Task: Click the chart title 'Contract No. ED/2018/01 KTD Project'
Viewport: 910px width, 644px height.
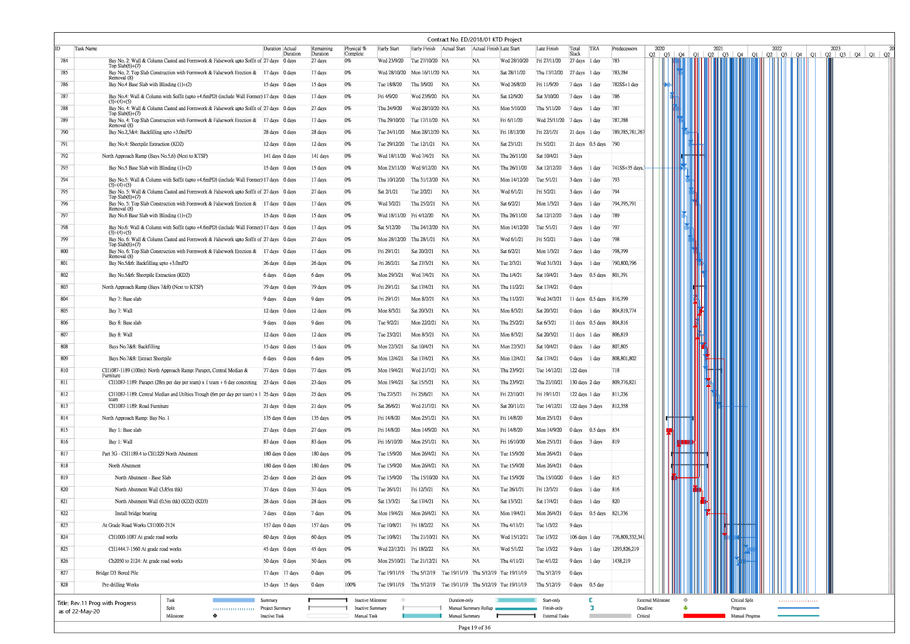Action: click(474, 39)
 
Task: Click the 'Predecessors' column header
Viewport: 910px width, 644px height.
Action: click(624, 49)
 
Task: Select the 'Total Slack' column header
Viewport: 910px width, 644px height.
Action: click(575, 51)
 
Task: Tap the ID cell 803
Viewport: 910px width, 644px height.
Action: click(64, 287)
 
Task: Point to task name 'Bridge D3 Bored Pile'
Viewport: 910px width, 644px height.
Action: click(117, 573)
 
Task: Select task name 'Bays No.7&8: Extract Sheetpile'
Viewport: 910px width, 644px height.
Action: click(140, 359)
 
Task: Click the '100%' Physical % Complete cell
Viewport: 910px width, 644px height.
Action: click(350, 585)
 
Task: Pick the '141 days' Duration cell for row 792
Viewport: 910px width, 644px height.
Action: click(272, 156)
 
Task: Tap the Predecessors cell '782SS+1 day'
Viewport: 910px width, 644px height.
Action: click(625, 85)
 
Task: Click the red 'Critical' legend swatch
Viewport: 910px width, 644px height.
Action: click(704, 616)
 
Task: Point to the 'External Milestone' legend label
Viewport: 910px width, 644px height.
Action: click(653, 600)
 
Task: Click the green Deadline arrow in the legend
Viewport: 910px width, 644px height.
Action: click(685, 608)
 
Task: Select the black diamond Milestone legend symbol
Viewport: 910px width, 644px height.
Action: click(215, 616)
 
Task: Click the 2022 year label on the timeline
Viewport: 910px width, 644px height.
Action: click(776, 49)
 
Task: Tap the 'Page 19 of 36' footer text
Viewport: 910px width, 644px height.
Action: click(474, 627)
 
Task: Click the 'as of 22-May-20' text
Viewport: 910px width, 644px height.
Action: click(79, 612)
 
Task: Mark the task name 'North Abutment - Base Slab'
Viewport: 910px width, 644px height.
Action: click(143, 478)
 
